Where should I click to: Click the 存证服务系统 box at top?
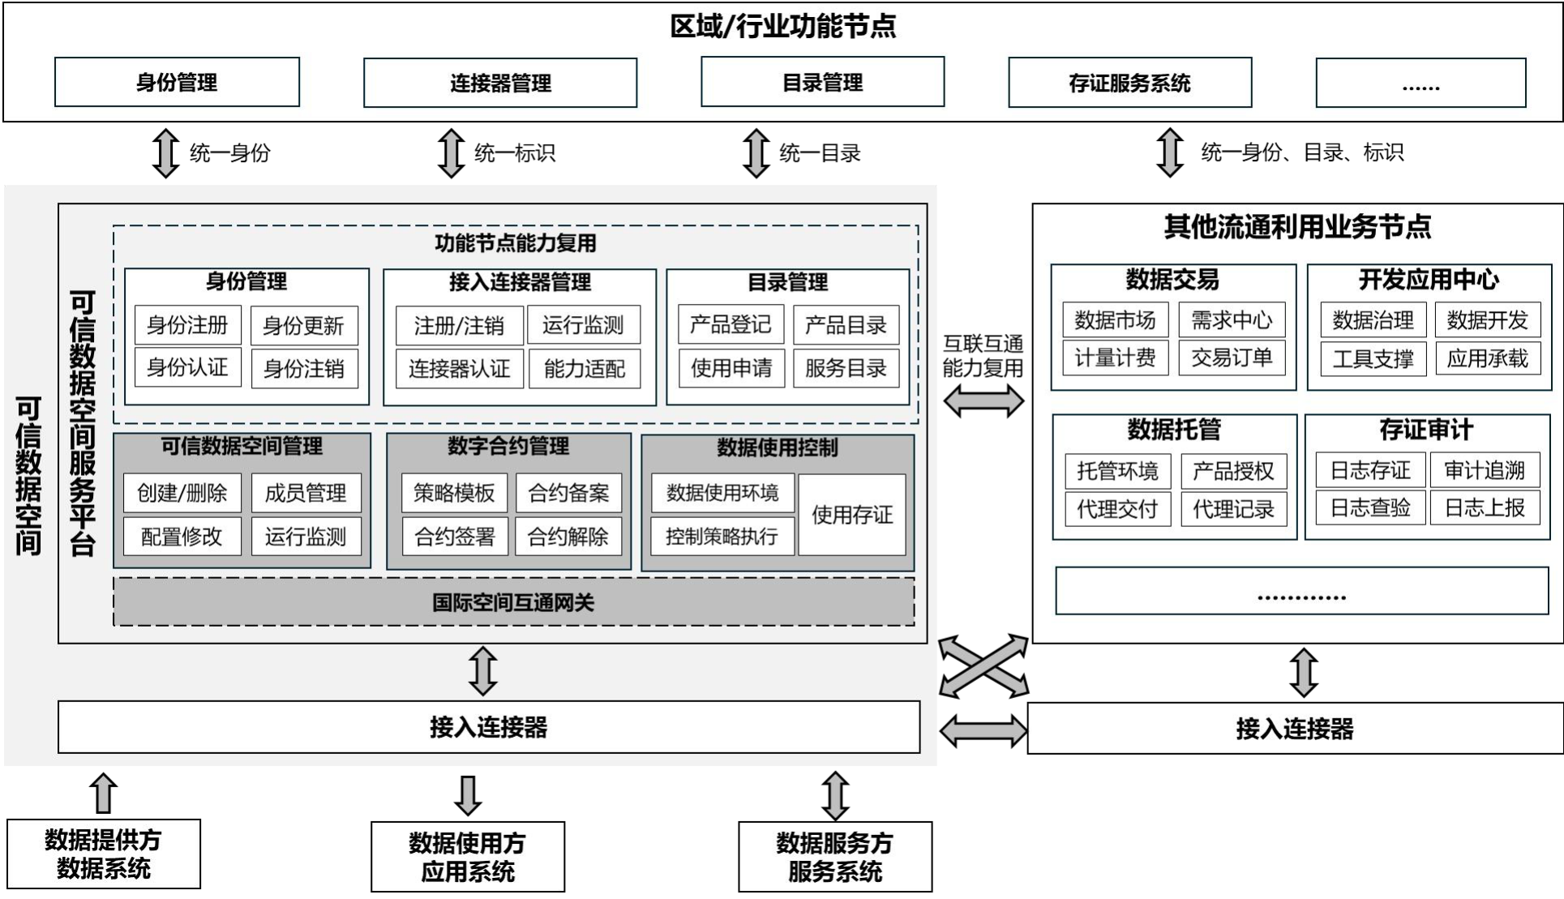click(x=1129, y=83)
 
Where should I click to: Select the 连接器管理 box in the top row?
click(x=500, y=83)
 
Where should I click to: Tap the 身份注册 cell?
click(x=187, y=325)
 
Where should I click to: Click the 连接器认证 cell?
click(x=459, y=369)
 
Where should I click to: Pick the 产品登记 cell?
click(x=731, y=325)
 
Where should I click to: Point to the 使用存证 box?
click(x=851, y=515)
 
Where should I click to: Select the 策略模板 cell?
click(x=454, y=493)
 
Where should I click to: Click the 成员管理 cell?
click(x=305, y=493)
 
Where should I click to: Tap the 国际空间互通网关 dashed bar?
click(x=513, y=602)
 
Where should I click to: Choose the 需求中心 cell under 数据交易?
click(x=1232, y=320)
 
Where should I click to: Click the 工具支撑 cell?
click(x=1373, y=358)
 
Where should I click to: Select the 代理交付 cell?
click(x=1116, y=509)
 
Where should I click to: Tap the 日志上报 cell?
click(x=1485, y=508)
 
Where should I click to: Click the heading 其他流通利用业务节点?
click(x=1297, y=227)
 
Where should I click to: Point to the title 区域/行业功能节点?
click(x=782, y=26)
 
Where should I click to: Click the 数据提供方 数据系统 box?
click(x=103, y=854)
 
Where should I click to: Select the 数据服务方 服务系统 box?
click(x=834, y=857)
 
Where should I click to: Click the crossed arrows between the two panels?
click(x=983, y=666)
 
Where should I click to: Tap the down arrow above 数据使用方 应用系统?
click(x=468, y=794)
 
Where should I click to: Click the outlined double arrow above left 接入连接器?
click(x=483, y=671)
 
